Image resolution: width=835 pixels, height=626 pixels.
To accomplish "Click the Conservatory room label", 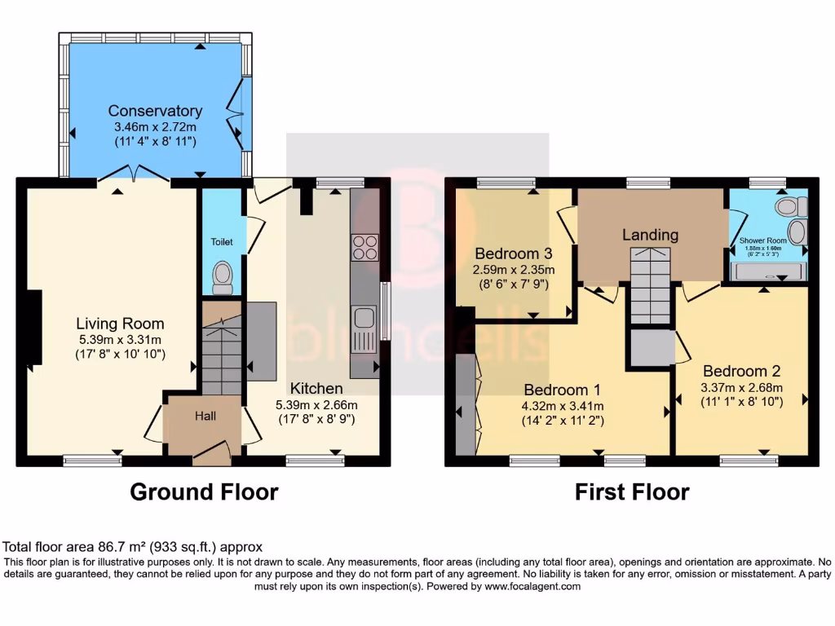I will [x=155, y=111].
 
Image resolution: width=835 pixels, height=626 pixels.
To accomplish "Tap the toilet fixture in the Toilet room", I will [x=222, y=277].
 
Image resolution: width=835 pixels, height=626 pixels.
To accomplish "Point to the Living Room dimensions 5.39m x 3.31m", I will [x=120, y=339].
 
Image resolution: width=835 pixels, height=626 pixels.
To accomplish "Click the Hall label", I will [x=205, y=417].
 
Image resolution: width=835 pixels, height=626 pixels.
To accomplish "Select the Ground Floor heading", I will [x=204, y=492].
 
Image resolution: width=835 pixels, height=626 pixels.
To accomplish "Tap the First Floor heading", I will [x=632, y=492].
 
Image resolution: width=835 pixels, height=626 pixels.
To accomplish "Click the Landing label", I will [x=650, y=235].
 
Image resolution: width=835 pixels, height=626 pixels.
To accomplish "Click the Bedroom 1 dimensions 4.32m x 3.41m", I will [x=563, y=406].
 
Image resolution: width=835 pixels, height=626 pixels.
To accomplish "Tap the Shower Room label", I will [x=762, y=240].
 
